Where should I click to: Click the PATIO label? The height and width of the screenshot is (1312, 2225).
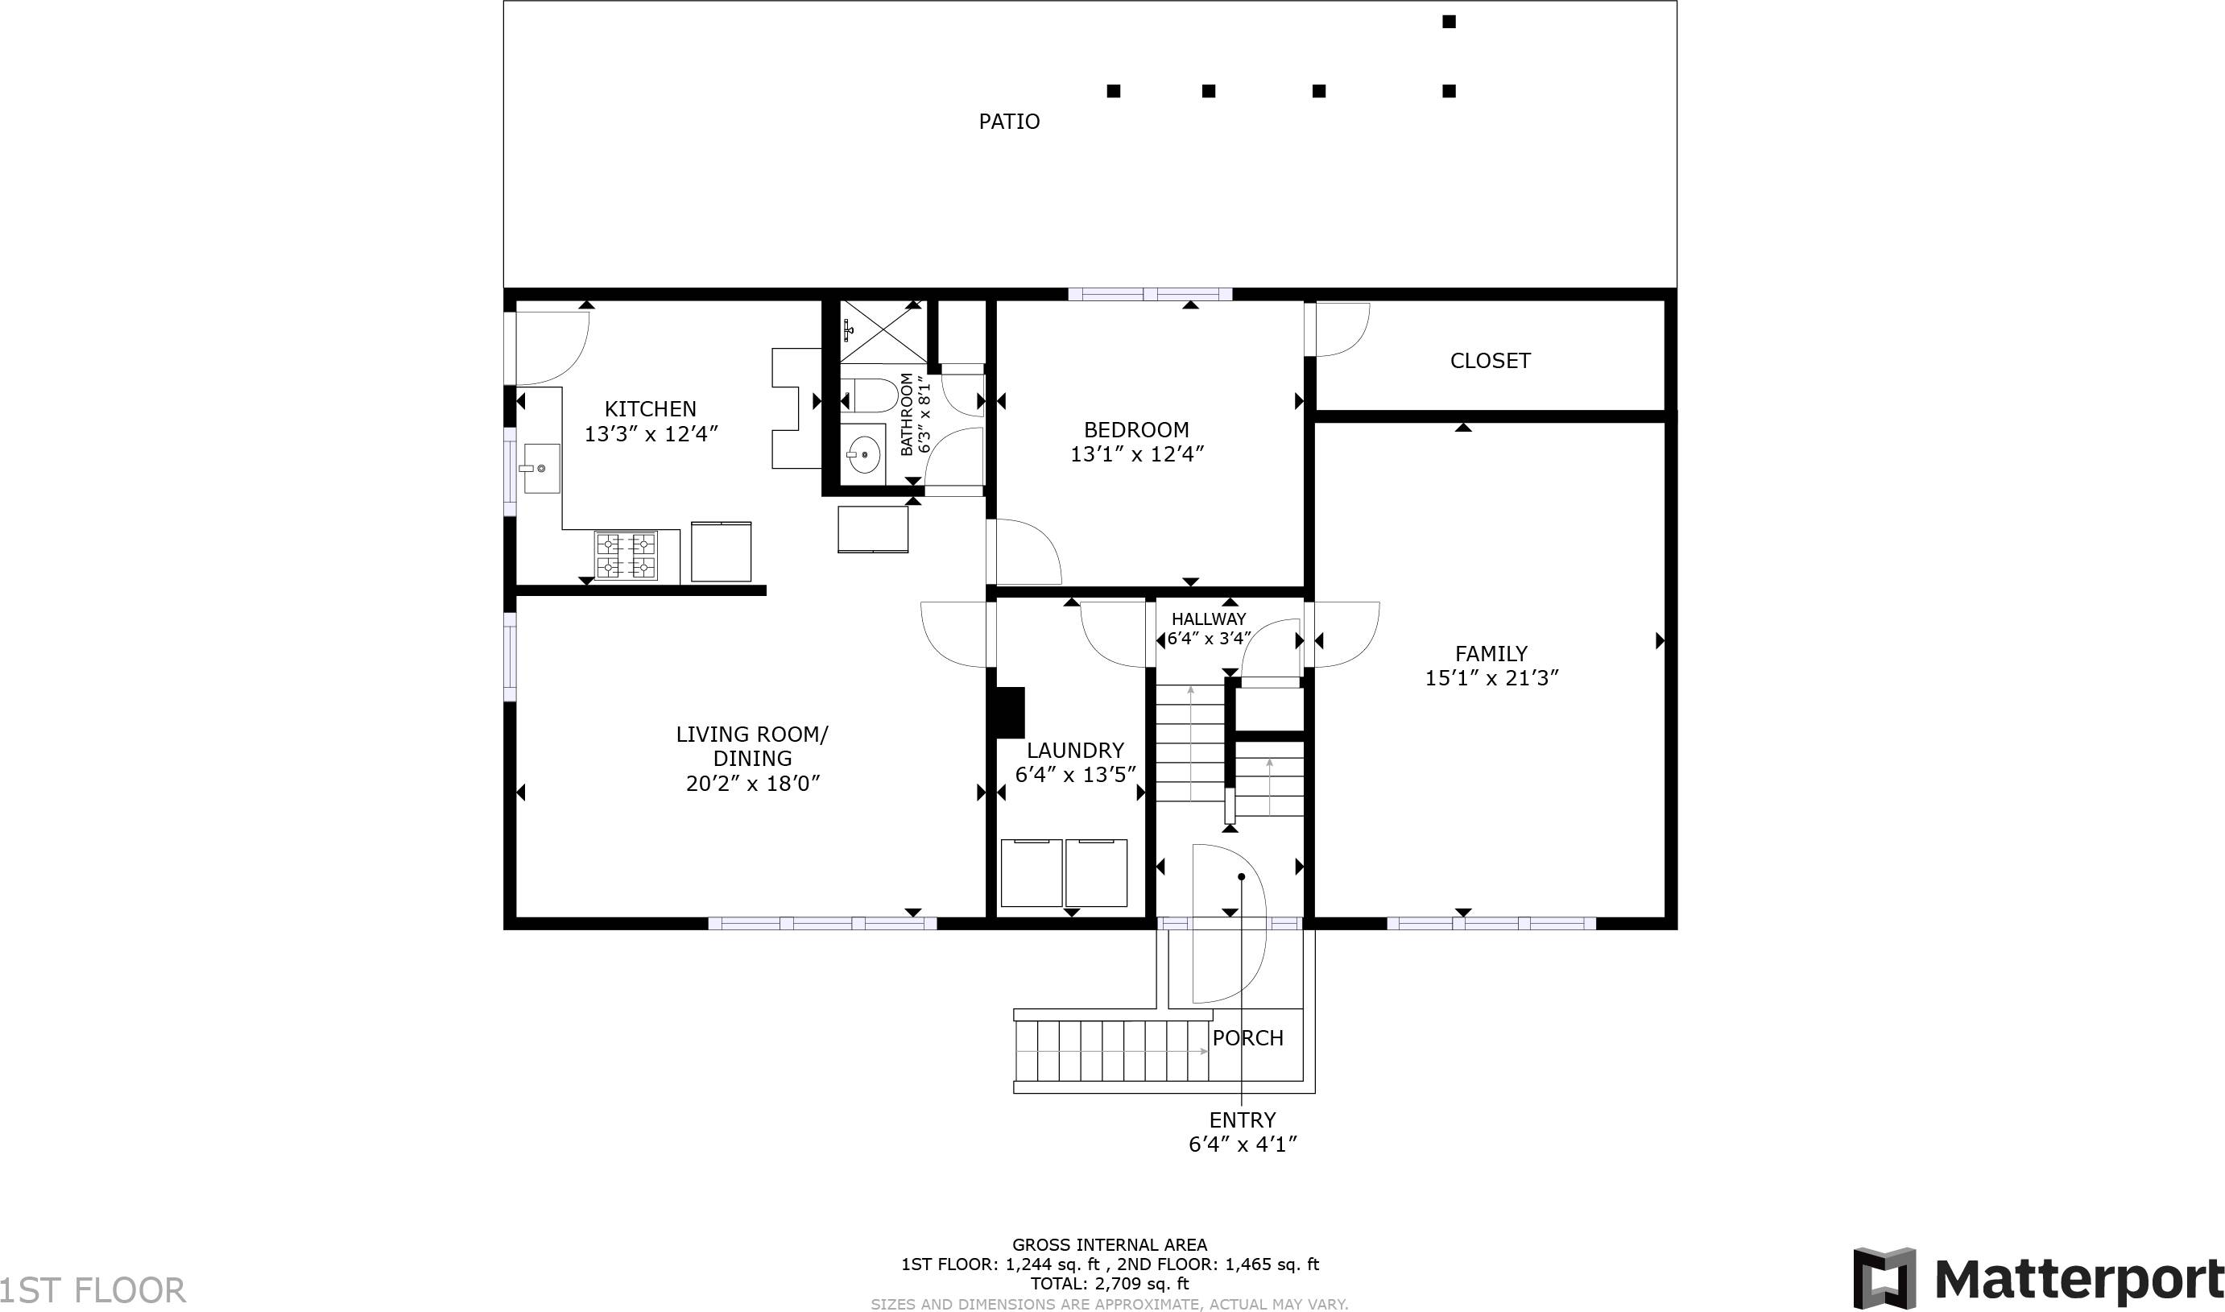coord(1009,122)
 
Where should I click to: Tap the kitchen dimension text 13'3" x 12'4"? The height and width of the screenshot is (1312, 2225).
coord(651,434)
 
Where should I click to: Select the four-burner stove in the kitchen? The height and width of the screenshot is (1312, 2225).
coord(626,555)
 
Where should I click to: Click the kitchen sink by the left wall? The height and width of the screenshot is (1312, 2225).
coord(540,469)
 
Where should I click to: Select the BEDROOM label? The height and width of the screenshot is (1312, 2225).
coord(1136,429)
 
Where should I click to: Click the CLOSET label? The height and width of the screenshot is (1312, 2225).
coord(1490,361)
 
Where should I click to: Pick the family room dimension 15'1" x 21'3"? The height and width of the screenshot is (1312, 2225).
coord(1491,678)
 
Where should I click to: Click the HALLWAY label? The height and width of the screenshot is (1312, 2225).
coord(1209,619)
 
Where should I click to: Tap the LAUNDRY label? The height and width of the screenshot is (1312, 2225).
coord(1075,751)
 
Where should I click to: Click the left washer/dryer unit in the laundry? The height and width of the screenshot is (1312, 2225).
coord(1031,872)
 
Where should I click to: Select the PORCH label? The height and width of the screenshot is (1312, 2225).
coord(1247,1038)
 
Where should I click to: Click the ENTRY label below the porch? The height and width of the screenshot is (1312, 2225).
coord(1242,1120)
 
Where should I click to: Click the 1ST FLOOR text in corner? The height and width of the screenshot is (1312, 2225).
coord(93,1291)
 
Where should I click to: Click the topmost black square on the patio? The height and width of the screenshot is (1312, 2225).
coord(1449,22)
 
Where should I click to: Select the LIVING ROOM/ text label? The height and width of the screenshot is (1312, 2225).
coord(751,735)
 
